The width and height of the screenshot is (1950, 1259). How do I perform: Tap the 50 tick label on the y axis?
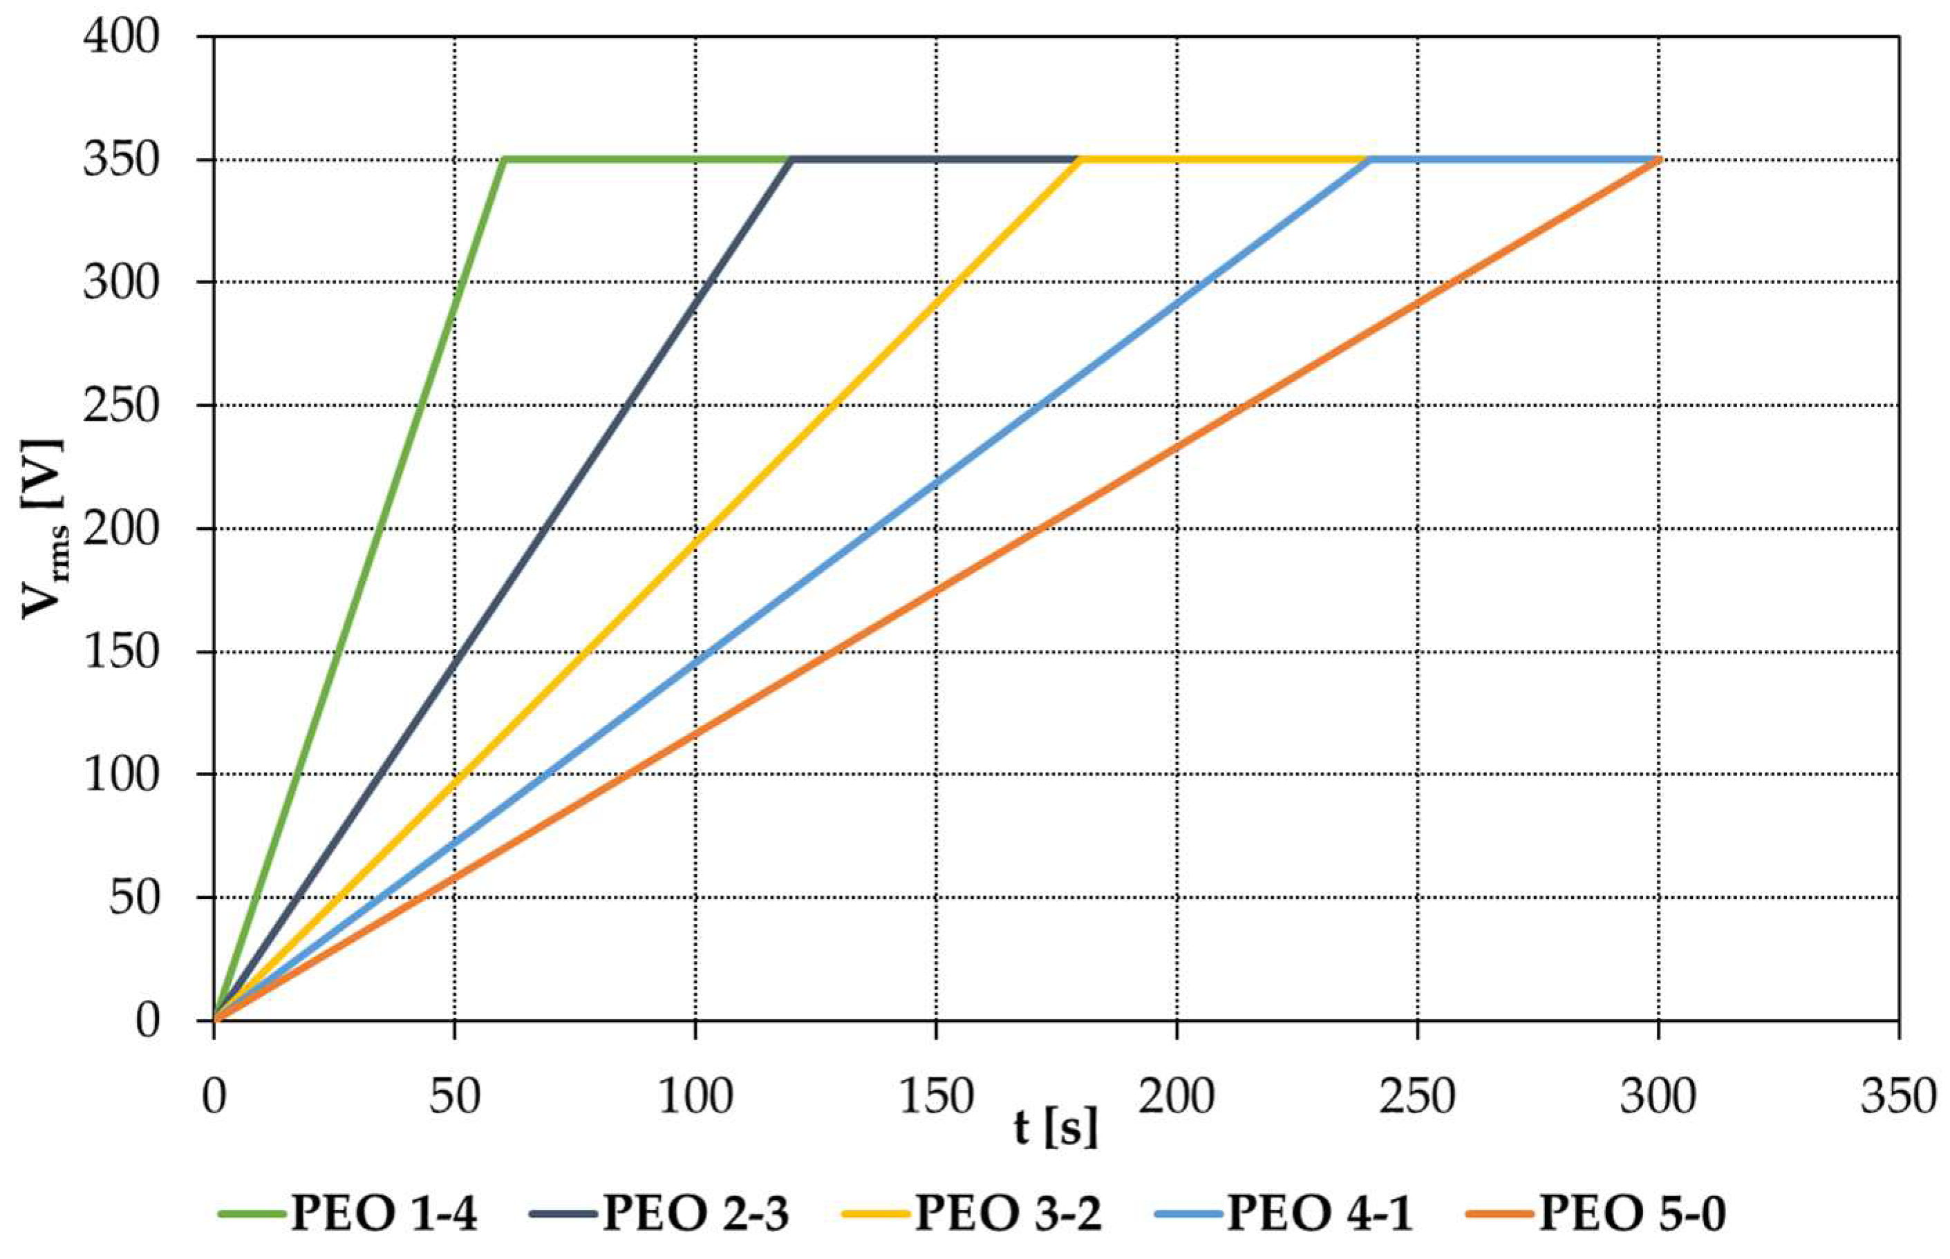(134, 898)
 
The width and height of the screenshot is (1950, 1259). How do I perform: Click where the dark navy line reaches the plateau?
(791, 160)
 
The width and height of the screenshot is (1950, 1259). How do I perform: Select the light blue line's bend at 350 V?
(1369, 160)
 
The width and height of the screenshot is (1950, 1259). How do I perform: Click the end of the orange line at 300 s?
(1658, 160)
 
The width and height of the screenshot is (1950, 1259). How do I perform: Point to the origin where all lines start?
(215, 1019)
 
